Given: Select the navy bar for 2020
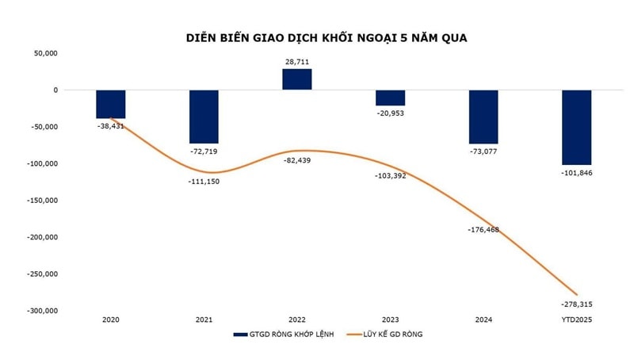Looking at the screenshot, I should [x=111, y=104].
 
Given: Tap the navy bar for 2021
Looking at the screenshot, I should [x=204, y=116].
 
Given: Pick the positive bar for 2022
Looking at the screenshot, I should [x=296, y=79].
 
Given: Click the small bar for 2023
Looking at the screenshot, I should [x=390, y=98].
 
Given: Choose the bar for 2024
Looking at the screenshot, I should [x=483, y=116].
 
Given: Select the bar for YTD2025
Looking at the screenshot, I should [x=576, y=126].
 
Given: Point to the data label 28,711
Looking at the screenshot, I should [x=297, y=60].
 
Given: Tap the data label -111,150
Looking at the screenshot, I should [x=204, y=182].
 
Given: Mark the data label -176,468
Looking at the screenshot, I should [x=483, y=230].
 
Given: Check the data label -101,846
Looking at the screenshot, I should [x=576, y=173].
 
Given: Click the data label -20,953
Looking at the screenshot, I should [x=390, y=114].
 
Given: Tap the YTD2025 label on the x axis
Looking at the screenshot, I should [x=576, y=320].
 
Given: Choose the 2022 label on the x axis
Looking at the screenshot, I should [x=297, y=320].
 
